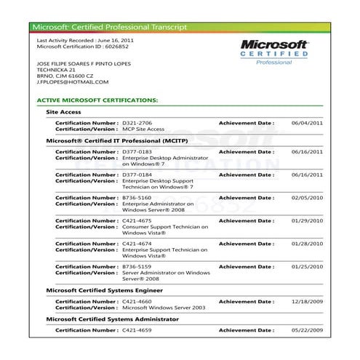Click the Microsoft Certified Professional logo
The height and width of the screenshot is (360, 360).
click(274, 52)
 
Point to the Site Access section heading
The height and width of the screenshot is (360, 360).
click(63, 112)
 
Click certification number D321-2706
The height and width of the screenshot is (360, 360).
click(137, 123)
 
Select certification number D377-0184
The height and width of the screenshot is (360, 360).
click(137, 175)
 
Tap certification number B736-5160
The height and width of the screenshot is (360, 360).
click(137, 198)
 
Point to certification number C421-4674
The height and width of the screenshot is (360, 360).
click(137, 244)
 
